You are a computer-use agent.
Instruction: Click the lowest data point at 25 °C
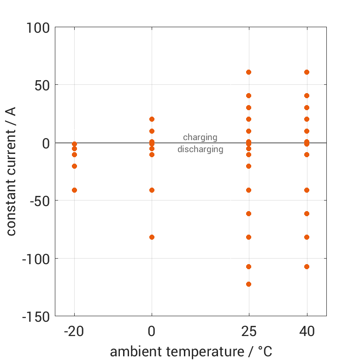pos(248,284)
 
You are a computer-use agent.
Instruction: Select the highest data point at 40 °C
pos(307,72)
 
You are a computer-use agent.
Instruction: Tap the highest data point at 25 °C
pos(248,72)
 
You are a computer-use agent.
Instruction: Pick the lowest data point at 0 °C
pos(152,237)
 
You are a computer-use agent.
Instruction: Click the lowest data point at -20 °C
pos(74,190)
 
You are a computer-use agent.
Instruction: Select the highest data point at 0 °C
pos(152,119)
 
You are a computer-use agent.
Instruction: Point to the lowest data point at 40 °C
pos(307,266)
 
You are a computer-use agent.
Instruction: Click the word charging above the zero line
pos(200,137)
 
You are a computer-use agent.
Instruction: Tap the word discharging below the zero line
pos(200,149)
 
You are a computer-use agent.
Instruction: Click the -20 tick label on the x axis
pos(74,331)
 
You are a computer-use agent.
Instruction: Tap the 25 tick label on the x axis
pos(248,331)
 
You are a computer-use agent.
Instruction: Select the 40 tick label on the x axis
pos(307,331)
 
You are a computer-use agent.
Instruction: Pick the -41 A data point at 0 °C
pos(152,190)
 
